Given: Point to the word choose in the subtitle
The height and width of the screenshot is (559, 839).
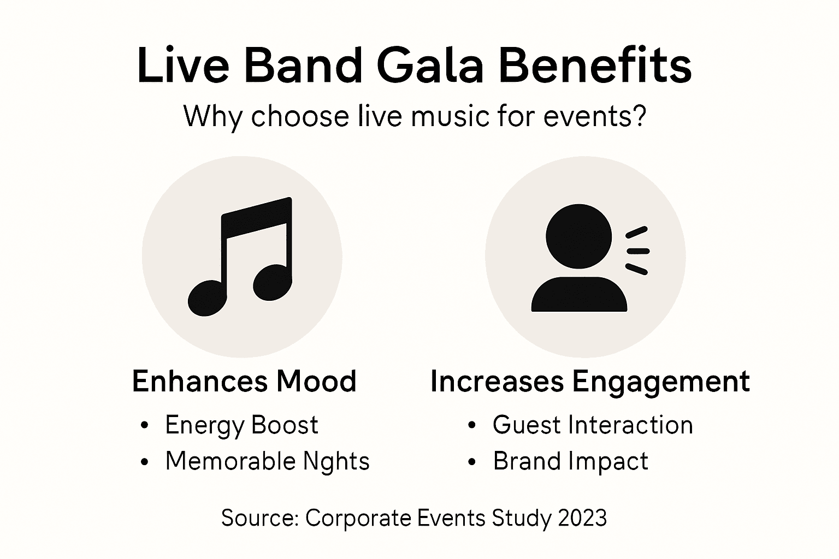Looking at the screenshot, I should pyautogui.click(x=299, y=116).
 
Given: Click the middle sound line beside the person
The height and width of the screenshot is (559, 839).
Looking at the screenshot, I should pyautogui.click(x=637, y=251).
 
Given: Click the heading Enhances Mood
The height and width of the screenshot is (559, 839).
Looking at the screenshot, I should pyautogui.click(x=244, y=381).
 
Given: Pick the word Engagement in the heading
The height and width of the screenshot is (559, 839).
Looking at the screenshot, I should pyautogui.click(x=661, y=381).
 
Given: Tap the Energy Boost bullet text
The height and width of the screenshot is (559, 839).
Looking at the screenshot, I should pyautogui.click(x=241, y=425).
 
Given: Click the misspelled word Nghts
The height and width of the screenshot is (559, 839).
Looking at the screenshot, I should pyautogui.click(x=336, y=461).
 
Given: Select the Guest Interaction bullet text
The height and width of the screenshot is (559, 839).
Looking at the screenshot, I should pyautogui.click(x=593, y=425).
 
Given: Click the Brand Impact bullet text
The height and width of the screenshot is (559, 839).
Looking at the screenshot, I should pyautogui.click(x=570, y=461).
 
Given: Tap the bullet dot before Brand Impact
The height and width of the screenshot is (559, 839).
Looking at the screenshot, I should pyautogui.click(x=472, y=462).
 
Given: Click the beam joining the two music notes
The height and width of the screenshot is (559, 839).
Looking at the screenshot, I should pyautogui.click(x=257, y=218).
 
